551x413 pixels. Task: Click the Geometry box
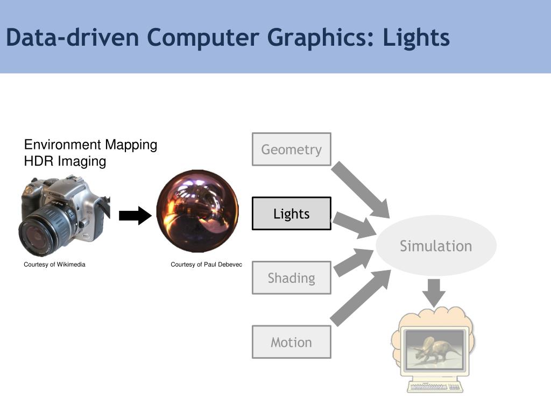(291, 149)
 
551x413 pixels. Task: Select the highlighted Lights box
(291, 213)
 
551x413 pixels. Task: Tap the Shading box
(291, 277)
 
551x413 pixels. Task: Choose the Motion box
(291, 342)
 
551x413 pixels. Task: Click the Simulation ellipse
(436, 246)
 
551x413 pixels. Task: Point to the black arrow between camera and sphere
(135, 216)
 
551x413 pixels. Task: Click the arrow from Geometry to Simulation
(360, 190)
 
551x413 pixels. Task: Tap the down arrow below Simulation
(434, 292)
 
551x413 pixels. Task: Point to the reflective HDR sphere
(197, 211)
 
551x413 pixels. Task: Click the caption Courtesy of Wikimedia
(54, 265)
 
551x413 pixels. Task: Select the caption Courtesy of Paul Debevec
(206, 265)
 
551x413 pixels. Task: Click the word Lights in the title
(416, 38)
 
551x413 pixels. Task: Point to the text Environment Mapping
(90, 145)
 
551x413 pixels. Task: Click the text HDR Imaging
(65, 161)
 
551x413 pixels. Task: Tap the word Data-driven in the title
(73, 38)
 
